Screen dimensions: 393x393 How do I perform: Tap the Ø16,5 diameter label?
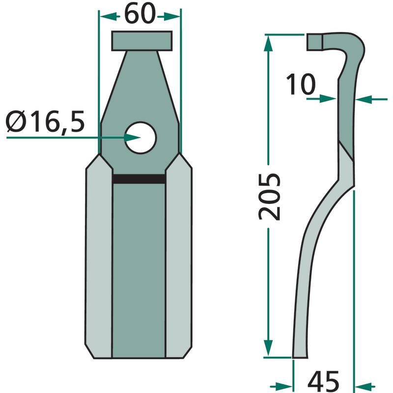tap(45, 122)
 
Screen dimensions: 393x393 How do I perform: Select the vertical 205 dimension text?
tap(269, 197)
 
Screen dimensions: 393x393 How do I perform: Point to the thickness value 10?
tap(301, 84)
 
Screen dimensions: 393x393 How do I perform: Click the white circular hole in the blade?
tap(140, 138)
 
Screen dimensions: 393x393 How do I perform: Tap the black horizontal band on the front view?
tap(139, 179)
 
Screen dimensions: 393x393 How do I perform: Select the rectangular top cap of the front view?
tap(142, 41)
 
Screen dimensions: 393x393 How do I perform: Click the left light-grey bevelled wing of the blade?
tap(99, 256)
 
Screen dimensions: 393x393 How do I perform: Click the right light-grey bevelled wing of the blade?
tap(178, 255)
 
